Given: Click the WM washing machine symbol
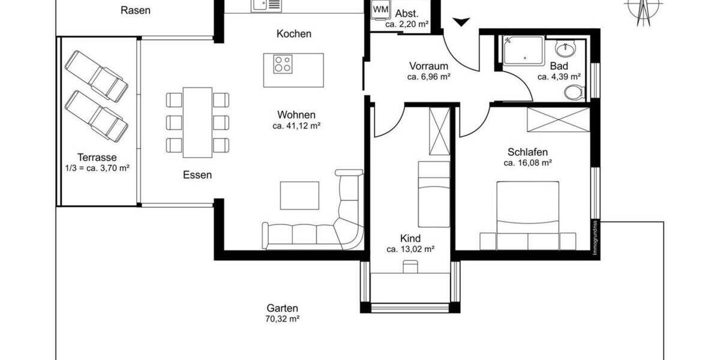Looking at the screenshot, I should pos(379,10).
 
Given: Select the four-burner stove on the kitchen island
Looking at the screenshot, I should pos(284,62).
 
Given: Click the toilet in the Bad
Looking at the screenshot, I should pos(575,92).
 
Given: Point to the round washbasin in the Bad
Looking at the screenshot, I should pos(565,49).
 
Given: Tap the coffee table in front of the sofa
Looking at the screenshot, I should pos(300,196).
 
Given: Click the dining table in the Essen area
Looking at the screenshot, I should pos(197,122).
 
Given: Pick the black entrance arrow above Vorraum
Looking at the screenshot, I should pos(460,22).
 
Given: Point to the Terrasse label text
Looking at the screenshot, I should pos(97,158).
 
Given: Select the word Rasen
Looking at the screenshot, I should pos(135,10).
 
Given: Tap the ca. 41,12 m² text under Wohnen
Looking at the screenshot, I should pos(296,126).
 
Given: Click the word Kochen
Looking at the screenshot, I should pos(294,34).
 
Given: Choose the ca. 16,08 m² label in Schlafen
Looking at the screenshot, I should pos(527,163).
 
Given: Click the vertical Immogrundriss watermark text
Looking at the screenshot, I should pos(595,239).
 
